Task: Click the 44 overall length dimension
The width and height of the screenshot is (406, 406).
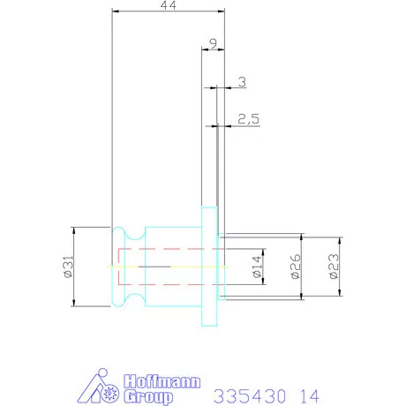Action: pyautogui.click(x=169, y=5)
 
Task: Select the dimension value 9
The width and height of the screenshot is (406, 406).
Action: pyautogui.click(x=214, y=43)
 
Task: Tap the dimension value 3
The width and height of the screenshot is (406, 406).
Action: pyautogui.click(x=242, y=82)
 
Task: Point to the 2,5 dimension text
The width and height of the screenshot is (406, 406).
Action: pyautogui.click(x=249, y=119)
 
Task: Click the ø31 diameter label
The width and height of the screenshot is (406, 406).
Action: pyautogui.click(x=68, y=267)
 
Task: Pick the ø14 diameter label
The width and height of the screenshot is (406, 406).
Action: pyautogui.click(x=257, y=267)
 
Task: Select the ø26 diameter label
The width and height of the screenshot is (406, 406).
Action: pyautogui.click(x=296, y=267)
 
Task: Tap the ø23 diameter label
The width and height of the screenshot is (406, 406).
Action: pyautogui.click(x=334, y=267)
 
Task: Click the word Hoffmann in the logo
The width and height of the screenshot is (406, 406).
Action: pyautogui.click(x=162, y=381)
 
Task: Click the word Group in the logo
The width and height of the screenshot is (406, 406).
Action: pyautogui.click(x=148, y=397)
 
